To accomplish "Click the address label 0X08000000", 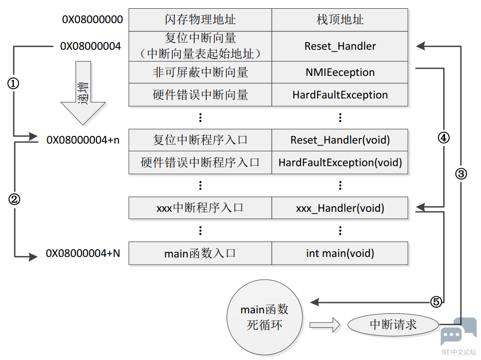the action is click(x=92, y=19).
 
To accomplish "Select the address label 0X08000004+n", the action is click(x=83, y=140).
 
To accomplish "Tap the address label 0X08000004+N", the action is click(x=83, y=253).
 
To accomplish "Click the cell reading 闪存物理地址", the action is click(x=200, y=19).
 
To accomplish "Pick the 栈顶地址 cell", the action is click(x=340, y=19).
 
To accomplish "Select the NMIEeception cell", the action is click(x=340, y=72).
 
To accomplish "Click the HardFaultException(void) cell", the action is click(x=340, y=163).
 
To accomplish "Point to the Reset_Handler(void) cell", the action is click(x=340, y=140).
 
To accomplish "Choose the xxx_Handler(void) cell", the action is click(x=340, y=208).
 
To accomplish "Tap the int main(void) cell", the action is click(x=340, y=253).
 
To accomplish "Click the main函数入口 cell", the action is click(x=200, y=253).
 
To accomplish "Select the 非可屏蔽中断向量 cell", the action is click(x=200, y=72).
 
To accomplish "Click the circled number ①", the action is click(x=13, y=84).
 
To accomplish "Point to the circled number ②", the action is click(x=14, y=199).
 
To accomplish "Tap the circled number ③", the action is click(x=461, y=174).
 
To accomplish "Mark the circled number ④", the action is click(x=444, y=138).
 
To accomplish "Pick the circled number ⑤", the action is click(x=436, y=302).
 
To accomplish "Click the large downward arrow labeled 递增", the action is click(x=83, y=93).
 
